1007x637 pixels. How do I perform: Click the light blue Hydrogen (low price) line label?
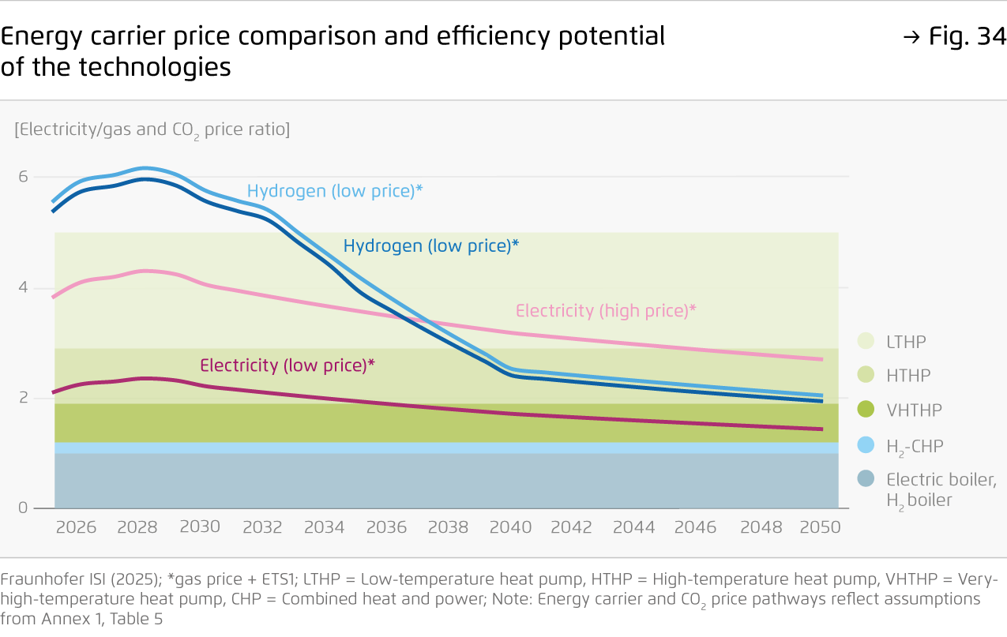[x=335, y=191]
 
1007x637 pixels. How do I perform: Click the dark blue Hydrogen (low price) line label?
[x=430, y=245]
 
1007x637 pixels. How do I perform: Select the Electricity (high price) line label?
[x=606, y=311]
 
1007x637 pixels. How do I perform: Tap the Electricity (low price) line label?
[x=287, y=365]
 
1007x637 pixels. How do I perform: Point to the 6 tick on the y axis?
[x=23, y=177]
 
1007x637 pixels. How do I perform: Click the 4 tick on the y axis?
[x=23, y=287]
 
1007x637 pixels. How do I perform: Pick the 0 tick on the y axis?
[x=23, y=508]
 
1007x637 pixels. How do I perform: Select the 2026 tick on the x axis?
[x=76, y=527]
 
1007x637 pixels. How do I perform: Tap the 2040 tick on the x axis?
[x=510, y=527]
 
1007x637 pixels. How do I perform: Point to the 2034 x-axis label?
[x=325, y=527]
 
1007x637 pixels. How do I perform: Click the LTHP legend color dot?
[x=867, y=342]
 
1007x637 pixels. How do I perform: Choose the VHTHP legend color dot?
[x=867, y=410]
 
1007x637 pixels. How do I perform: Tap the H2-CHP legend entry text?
[x=914, y=447]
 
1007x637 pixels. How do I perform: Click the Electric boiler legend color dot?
[x=867, y=479]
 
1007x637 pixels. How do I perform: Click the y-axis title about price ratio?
[x=152, y=129]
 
